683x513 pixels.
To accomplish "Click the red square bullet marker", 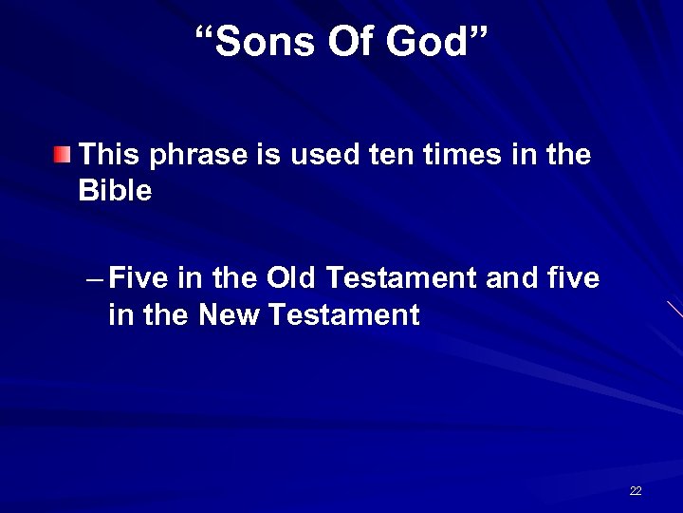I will click(62, 155).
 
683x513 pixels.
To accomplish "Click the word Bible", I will click(115, 191).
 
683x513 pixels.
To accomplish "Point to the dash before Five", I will click(93, 279).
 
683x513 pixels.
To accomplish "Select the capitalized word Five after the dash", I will click(138, 278).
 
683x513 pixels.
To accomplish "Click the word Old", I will click(293, 278).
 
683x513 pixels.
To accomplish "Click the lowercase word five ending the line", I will click(575, 278).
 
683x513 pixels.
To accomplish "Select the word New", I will click(231, 314).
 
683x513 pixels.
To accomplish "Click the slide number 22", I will click(635, 491).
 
